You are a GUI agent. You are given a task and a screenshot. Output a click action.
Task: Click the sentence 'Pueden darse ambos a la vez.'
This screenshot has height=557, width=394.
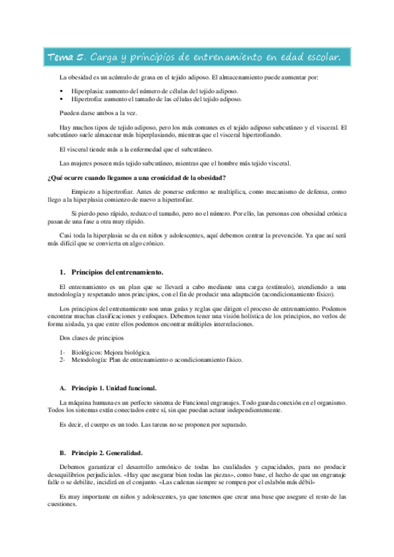[97, 112]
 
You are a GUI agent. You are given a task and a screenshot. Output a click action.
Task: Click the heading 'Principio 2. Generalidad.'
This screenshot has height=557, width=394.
[107, 453]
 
